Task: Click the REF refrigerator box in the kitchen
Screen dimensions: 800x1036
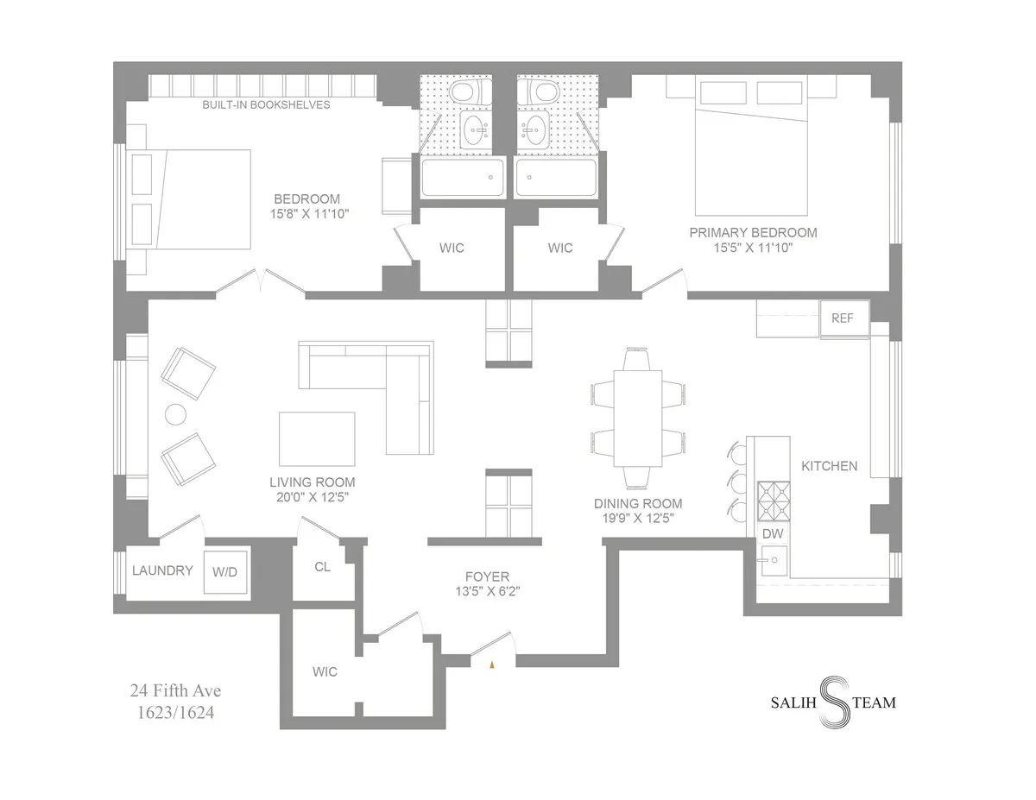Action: [843, 318]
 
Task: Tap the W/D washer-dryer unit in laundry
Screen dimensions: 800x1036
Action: [225, 571]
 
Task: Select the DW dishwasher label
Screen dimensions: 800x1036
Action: [773, 534]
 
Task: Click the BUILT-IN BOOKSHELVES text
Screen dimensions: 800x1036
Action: [266, 105]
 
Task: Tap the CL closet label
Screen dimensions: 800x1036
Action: [323, 568]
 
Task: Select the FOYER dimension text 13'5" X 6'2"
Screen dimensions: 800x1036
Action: [489, 592]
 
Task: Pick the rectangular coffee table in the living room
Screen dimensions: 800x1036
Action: [317, 438]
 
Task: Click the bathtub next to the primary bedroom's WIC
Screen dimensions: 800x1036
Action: [555, 179]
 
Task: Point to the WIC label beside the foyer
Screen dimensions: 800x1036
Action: [325, 672]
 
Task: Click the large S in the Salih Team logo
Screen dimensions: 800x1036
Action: [831, 701]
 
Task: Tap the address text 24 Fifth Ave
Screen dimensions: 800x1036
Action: [176, 691]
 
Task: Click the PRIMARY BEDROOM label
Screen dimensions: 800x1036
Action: [752, 233]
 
